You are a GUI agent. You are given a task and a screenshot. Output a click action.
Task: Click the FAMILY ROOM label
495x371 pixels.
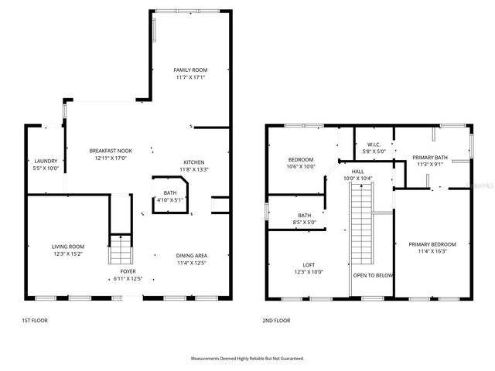point(189,70)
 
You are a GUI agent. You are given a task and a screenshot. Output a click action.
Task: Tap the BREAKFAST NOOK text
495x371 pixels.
point(110,151)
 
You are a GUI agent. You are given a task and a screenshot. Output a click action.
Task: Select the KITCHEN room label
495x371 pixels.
point(193,162)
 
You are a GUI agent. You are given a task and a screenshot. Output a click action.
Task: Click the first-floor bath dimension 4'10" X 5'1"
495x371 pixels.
point(170,200)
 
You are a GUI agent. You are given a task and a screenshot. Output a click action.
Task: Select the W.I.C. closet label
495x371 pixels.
point(374,145)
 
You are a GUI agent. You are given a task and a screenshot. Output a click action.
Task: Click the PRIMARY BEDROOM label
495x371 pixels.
point(432,244)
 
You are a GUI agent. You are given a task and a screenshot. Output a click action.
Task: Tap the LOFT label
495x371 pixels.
point(308,264)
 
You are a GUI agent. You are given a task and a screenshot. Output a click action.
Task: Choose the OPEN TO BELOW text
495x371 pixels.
point(372,275)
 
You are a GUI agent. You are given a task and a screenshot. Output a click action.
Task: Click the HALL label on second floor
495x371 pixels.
point(357,172)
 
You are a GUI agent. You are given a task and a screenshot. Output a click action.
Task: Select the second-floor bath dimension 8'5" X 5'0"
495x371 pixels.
point(305,222)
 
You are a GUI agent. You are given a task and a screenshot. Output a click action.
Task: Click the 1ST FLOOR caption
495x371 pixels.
point(35,319)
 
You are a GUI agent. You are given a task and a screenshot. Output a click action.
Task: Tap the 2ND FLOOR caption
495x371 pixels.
point(276,319)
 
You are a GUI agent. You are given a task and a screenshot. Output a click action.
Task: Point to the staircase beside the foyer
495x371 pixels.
point(119,250)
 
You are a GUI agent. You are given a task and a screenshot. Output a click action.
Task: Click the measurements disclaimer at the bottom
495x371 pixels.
point(247,359)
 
